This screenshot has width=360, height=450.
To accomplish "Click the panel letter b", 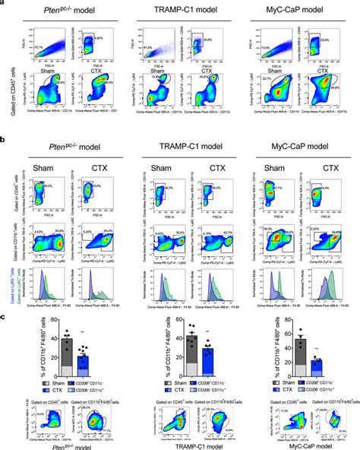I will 4,141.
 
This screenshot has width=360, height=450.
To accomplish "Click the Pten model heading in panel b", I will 62,142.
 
